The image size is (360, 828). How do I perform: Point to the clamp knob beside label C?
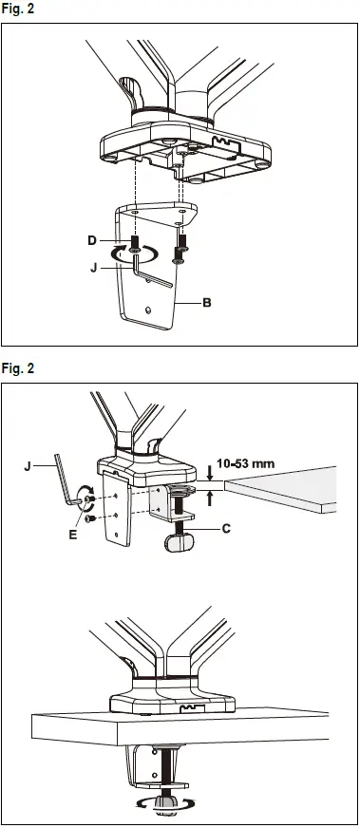point(180,540)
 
